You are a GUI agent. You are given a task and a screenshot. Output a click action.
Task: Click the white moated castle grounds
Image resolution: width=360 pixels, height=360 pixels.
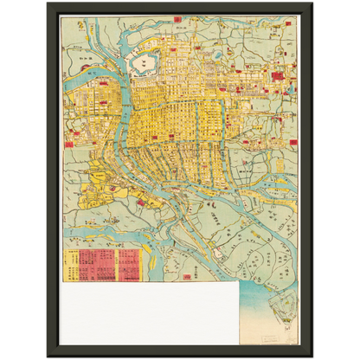[x=139, y=61]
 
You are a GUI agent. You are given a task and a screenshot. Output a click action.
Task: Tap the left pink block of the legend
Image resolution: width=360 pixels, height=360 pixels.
[x=90, y=265]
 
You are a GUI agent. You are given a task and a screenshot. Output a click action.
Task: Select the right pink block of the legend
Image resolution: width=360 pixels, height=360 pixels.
[x=128, y=265]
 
